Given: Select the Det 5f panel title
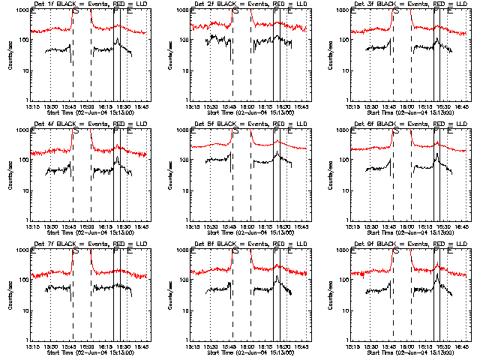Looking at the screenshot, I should tap(243, 124).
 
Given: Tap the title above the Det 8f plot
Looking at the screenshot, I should tap(243, 244).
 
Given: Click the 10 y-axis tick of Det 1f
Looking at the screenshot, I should tap(22, 70).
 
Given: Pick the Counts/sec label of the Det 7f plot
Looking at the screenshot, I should tap(9, 295).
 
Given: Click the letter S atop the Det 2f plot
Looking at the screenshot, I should tap(237, 12).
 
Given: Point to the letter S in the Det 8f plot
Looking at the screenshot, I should tap(237, 252).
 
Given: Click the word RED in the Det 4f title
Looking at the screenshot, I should tap(117, 124).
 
